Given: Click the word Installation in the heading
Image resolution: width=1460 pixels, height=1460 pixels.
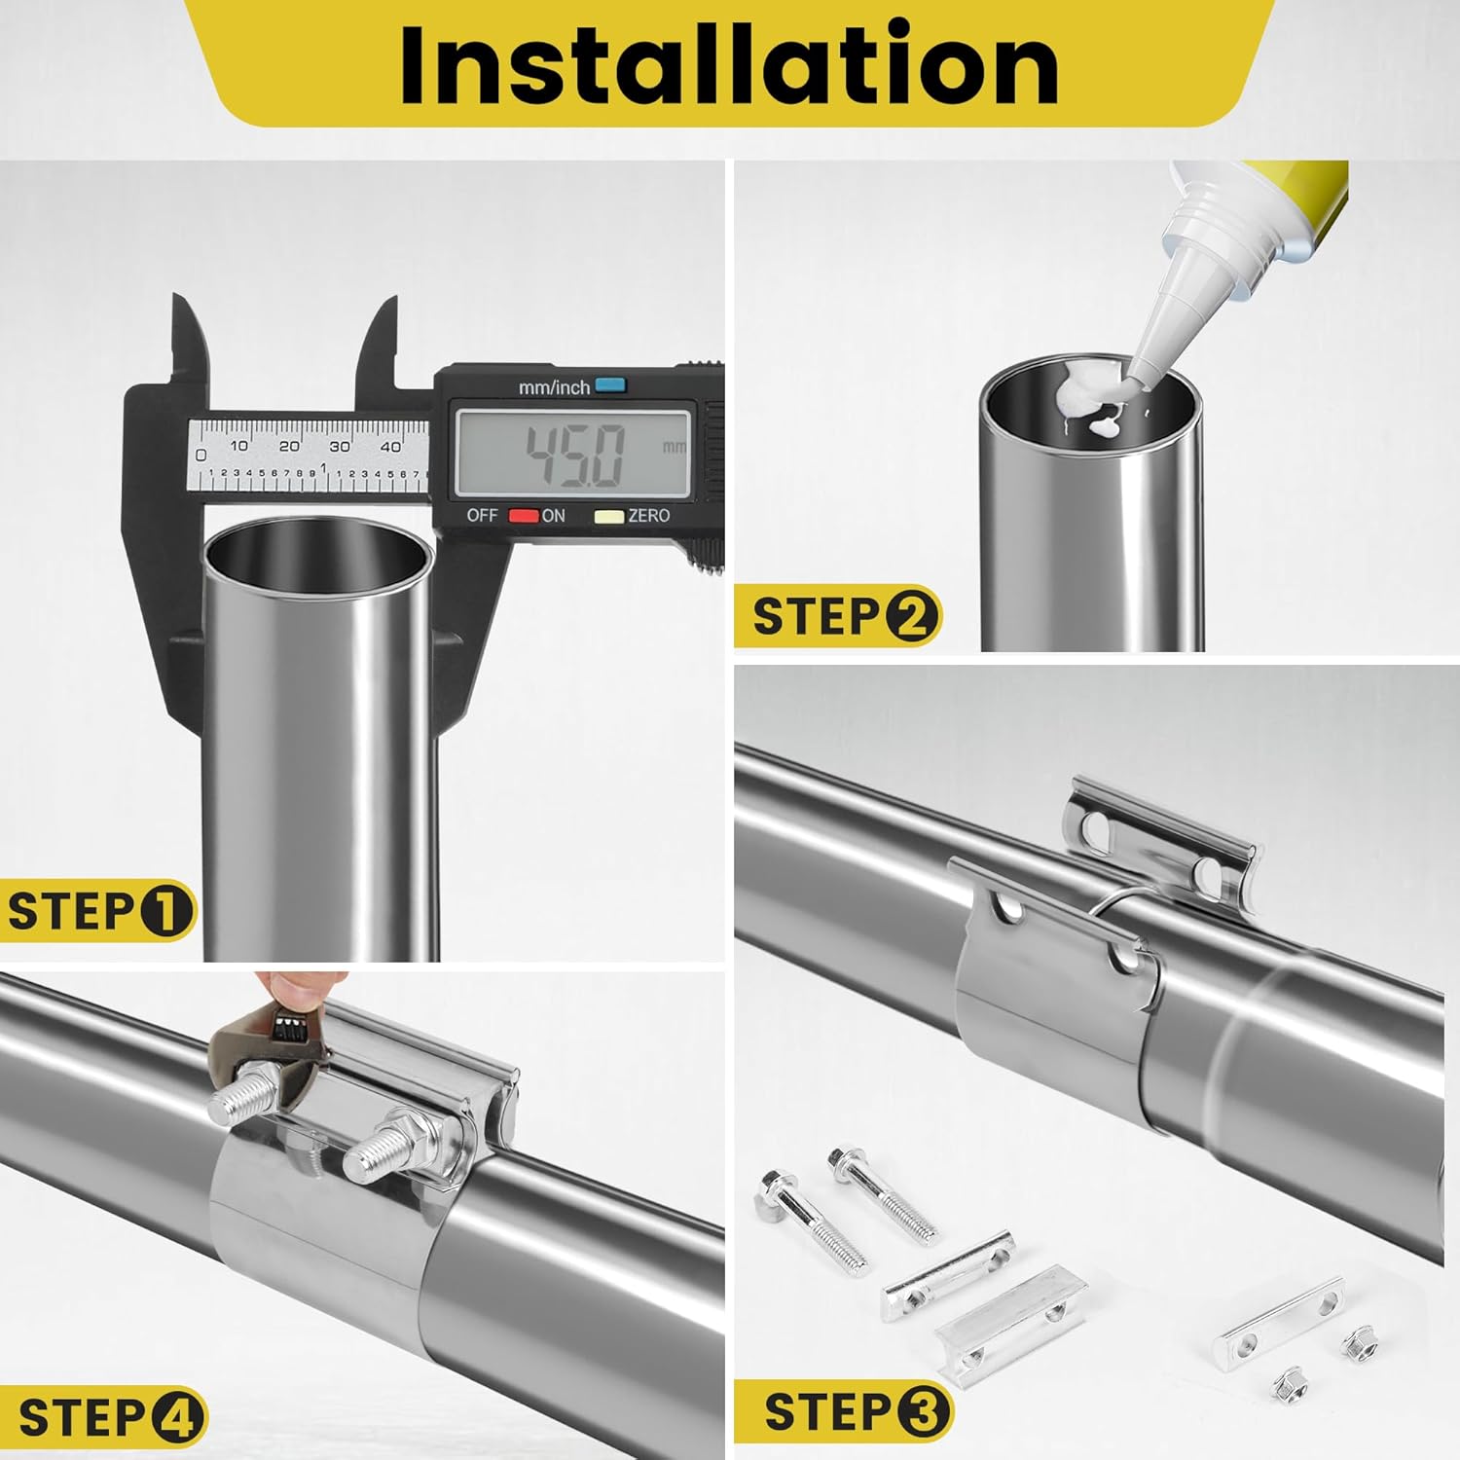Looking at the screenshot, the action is click(729, 64).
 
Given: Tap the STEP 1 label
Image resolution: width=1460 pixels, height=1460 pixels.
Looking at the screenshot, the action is click(97, 912).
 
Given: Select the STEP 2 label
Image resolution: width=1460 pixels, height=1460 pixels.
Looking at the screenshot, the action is click(838, 616).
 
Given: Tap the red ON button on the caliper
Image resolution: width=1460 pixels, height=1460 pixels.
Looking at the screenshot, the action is click(525, 515).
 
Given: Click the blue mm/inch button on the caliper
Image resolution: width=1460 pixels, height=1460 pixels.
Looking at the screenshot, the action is click(609, 384).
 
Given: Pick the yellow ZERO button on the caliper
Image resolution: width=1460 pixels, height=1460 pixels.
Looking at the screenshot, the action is click(609, 515).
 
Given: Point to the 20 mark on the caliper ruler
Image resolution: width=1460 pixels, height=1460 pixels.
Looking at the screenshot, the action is click(289, 446).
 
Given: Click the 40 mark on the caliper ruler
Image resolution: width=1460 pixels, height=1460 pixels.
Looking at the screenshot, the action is click(390, 446).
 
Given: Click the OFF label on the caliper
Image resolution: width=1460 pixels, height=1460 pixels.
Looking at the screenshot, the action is click(482, 515).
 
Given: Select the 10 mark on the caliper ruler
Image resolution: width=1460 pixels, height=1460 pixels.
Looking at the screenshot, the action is click(238, 446).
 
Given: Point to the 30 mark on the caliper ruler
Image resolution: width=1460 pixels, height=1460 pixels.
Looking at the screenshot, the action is click(340, 446).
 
